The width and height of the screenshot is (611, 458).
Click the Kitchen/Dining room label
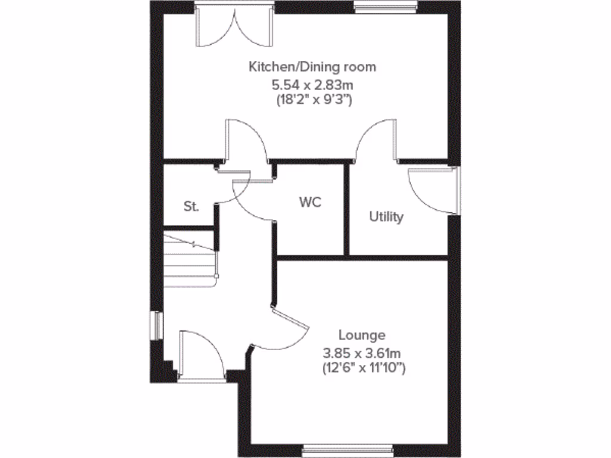tap(313, 66)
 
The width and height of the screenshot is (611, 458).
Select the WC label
tap(310, 202)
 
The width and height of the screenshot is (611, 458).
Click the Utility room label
tap(386, 216)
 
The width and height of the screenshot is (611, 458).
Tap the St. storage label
tap(191, 207)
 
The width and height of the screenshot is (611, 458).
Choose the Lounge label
tap(362, 335)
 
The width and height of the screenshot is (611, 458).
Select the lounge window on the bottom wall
tap(347, 449)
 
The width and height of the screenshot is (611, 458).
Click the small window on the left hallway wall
tap(158, 326)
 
